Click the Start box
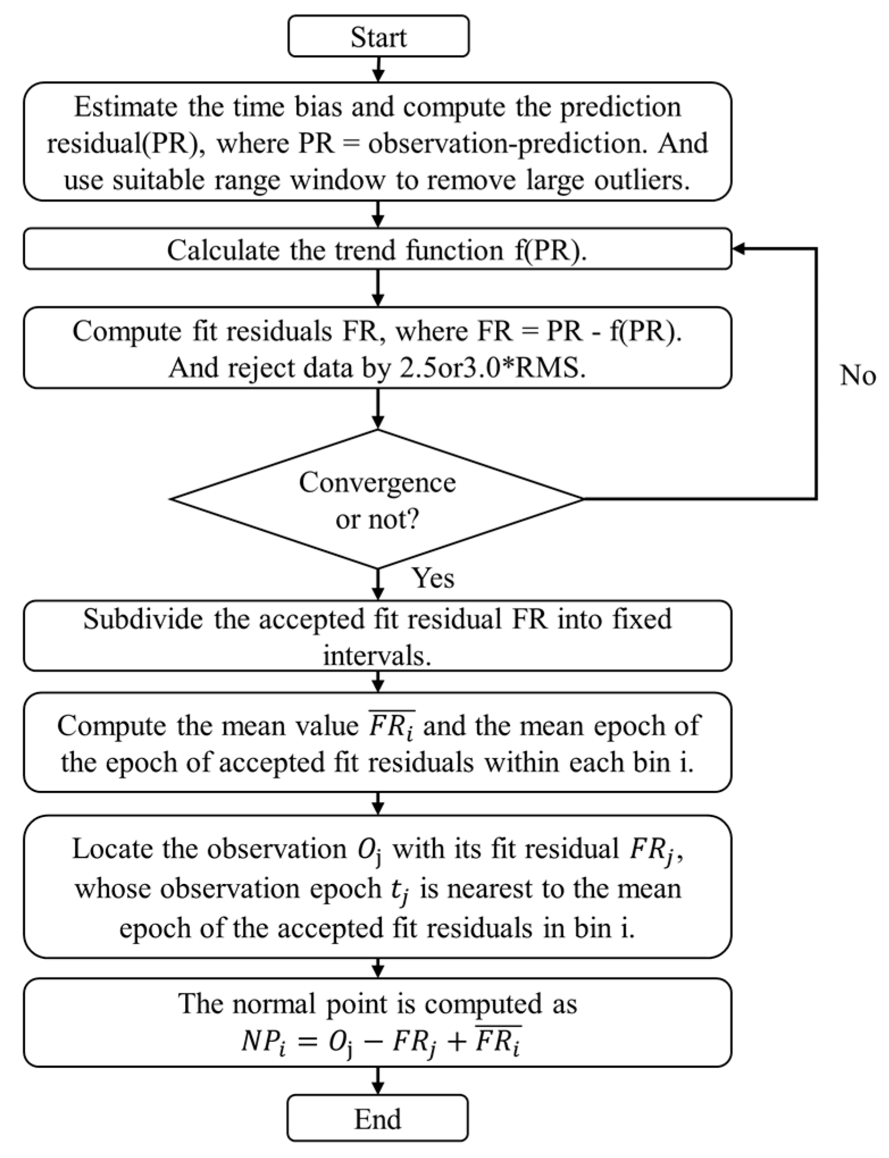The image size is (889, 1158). click(378, 36)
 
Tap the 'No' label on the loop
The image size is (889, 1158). click(857, 375)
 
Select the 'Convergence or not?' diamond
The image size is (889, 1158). click(377, 499)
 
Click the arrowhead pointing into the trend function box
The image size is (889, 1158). click(739, 249)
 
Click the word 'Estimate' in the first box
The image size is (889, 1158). click(127, 107)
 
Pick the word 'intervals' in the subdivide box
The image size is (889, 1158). click(375, 656)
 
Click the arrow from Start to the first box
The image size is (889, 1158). click(378, 69)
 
